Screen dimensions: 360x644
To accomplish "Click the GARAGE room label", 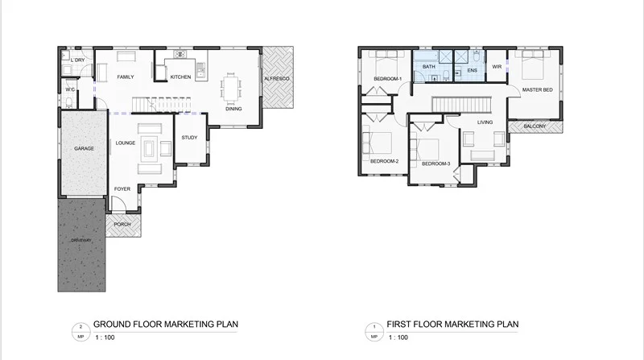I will click(x=85, y=149).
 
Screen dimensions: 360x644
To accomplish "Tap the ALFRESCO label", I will click(x=279, y=77).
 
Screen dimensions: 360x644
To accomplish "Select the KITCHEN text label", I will click(x=180, y=77).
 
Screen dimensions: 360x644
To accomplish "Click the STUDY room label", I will click(x=190, y=138).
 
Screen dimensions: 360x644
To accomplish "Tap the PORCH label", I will click(x=122, y=224).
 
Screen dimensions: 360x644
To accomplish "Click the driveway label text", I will click(x=80, y=241).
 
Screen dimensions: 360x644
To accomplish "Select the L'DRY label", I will click(x=78, y=61).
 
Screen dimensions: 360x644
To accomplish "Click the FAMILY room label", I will click(x=125, y=77).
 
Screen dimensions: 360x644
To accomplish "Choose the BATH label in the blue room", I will click(x=429, y=68).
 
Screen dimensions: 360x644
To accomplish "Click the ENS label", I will click(x=473, y=71).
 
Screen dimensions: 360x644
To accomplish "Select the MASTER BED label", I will click(x=537, y=89).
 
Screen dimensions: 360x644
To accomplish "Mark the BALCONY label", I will click(x=535, y=126).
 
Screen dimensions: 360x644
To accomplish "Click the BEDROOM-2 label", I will click(x=384, y=161).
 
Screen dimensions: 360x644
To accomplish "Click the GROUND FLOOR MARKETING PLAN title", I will click(x=166, y=325).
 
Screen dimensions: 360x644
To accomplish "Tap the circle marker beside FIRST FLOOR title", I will click(x=373, y=329).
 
